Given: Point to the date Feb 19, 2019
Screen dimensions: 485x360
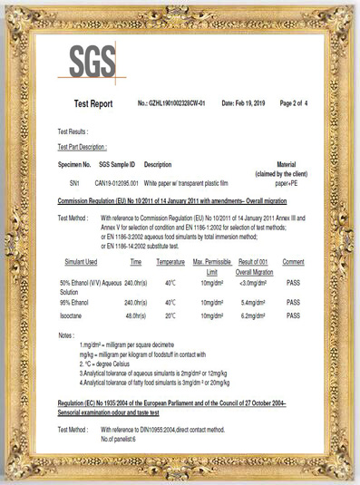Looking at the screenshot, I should [242, 104].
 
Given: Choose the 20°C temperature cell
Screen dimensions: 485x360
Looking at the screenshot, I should [170, 316].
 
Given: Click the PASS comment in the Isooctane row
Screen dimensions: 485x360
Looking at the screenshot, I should [292, 316].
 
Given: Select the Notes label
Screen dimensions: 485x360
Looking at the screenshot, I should [65, 335].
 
